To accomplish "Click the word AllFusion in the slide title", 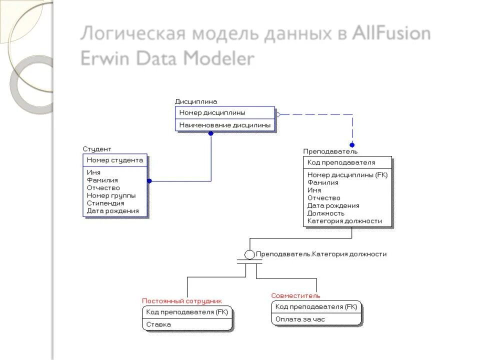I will [x=391, y=34].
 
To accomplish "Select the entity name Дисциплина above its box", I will [x=196, y=101].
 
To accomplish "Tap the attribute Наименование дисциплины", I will [x=225, y=125].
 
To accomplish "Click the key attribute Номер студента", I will [x=115, y=160].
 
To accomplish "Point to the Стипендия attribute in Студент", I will [x=105, y=203].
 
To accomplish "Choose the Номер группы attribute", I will [x=111, y=196].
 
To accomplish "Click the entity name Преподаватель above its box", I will [x=330, y=151].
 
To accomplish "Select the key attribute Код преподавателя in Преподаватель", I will [x=341, y=162].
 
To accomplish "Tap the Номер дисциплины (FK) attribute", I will [x=347, y=175].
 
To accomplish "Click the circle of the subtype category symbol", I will [x=249, y=254].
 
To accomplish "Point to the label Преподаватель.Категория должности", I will [x=321, y=254].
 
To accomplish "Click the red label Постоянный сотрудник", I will [x=182, y=301].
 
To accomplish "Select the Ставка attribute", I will [x=158, y=324].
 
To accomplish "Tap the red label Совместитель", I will [x=295, y=295].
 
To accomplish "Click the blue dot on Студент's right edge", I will [x=149, y=181].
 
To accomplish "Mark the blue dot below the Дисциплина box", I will [x=211, y=133].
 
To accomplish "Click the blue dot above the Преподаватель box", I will [x=352, y=145].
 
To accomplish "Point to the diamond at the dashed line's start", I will [x=278, y=114].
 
